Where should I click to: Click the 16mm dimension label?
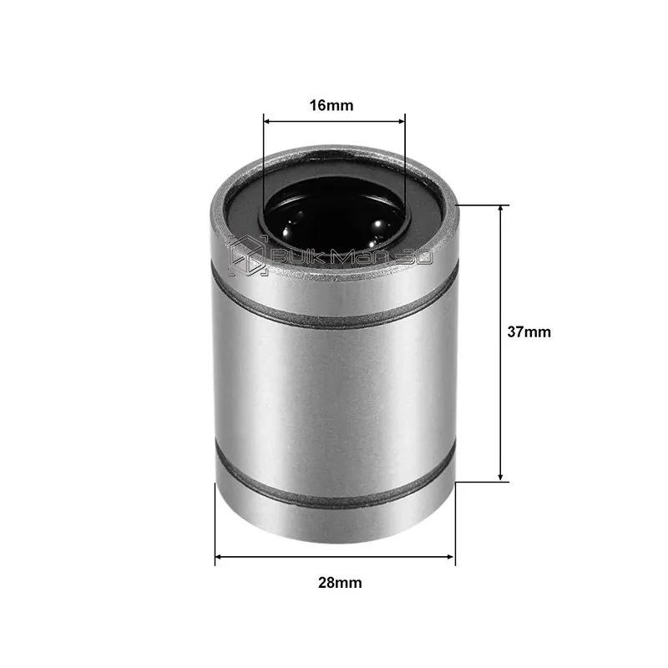(331, 105)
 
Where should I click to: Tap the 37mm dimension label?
(529, 331)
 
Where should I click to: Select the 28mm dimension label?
(340, 582)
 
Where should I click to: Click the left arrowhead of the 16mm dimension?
(267, 121)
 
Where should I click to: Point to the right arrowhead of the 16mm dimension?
(402, 121)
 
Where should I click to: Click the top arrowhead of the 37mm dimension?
(501, 209)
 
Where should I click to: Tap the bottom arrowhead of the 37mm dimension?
(501, 478)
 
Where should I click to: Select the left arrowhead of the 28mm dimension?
(219, 557)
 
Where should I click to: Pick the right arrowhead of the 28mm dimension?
(451, 557)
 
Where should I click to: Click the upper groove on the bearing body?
(335, 313)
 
